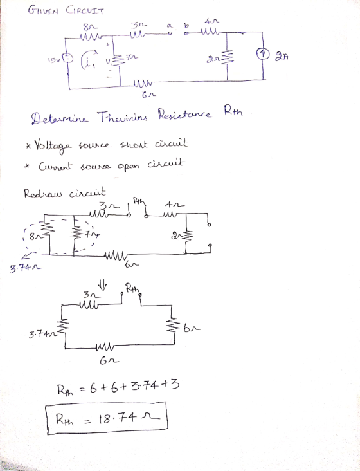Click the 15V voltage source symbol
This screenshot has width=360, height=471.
69,58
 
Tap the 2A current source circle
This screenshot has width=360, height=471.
262,54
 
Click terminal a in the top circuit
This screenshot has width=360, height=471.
170,33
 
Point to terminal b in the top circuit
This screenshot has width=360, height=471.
186,33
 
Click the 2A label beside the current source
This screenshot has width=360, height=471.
282,56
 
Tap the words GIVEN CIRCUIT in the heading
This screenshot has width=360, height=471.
66,11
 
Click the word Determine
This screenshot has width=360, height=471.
60,117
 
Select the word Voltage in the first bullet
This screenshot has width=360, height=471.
53,146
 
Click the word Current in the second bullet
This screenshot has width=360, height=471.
55,166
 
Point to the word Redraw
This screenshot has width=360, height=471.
42,194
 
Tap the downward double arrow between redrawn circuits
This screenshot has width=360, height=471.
102,284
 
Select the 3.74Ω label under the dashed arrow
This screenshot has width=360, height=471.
26,267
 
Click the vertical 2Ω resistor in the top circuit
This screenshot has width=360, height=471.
227,57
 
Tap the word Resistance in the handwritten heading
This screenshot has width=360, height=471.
184,114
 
